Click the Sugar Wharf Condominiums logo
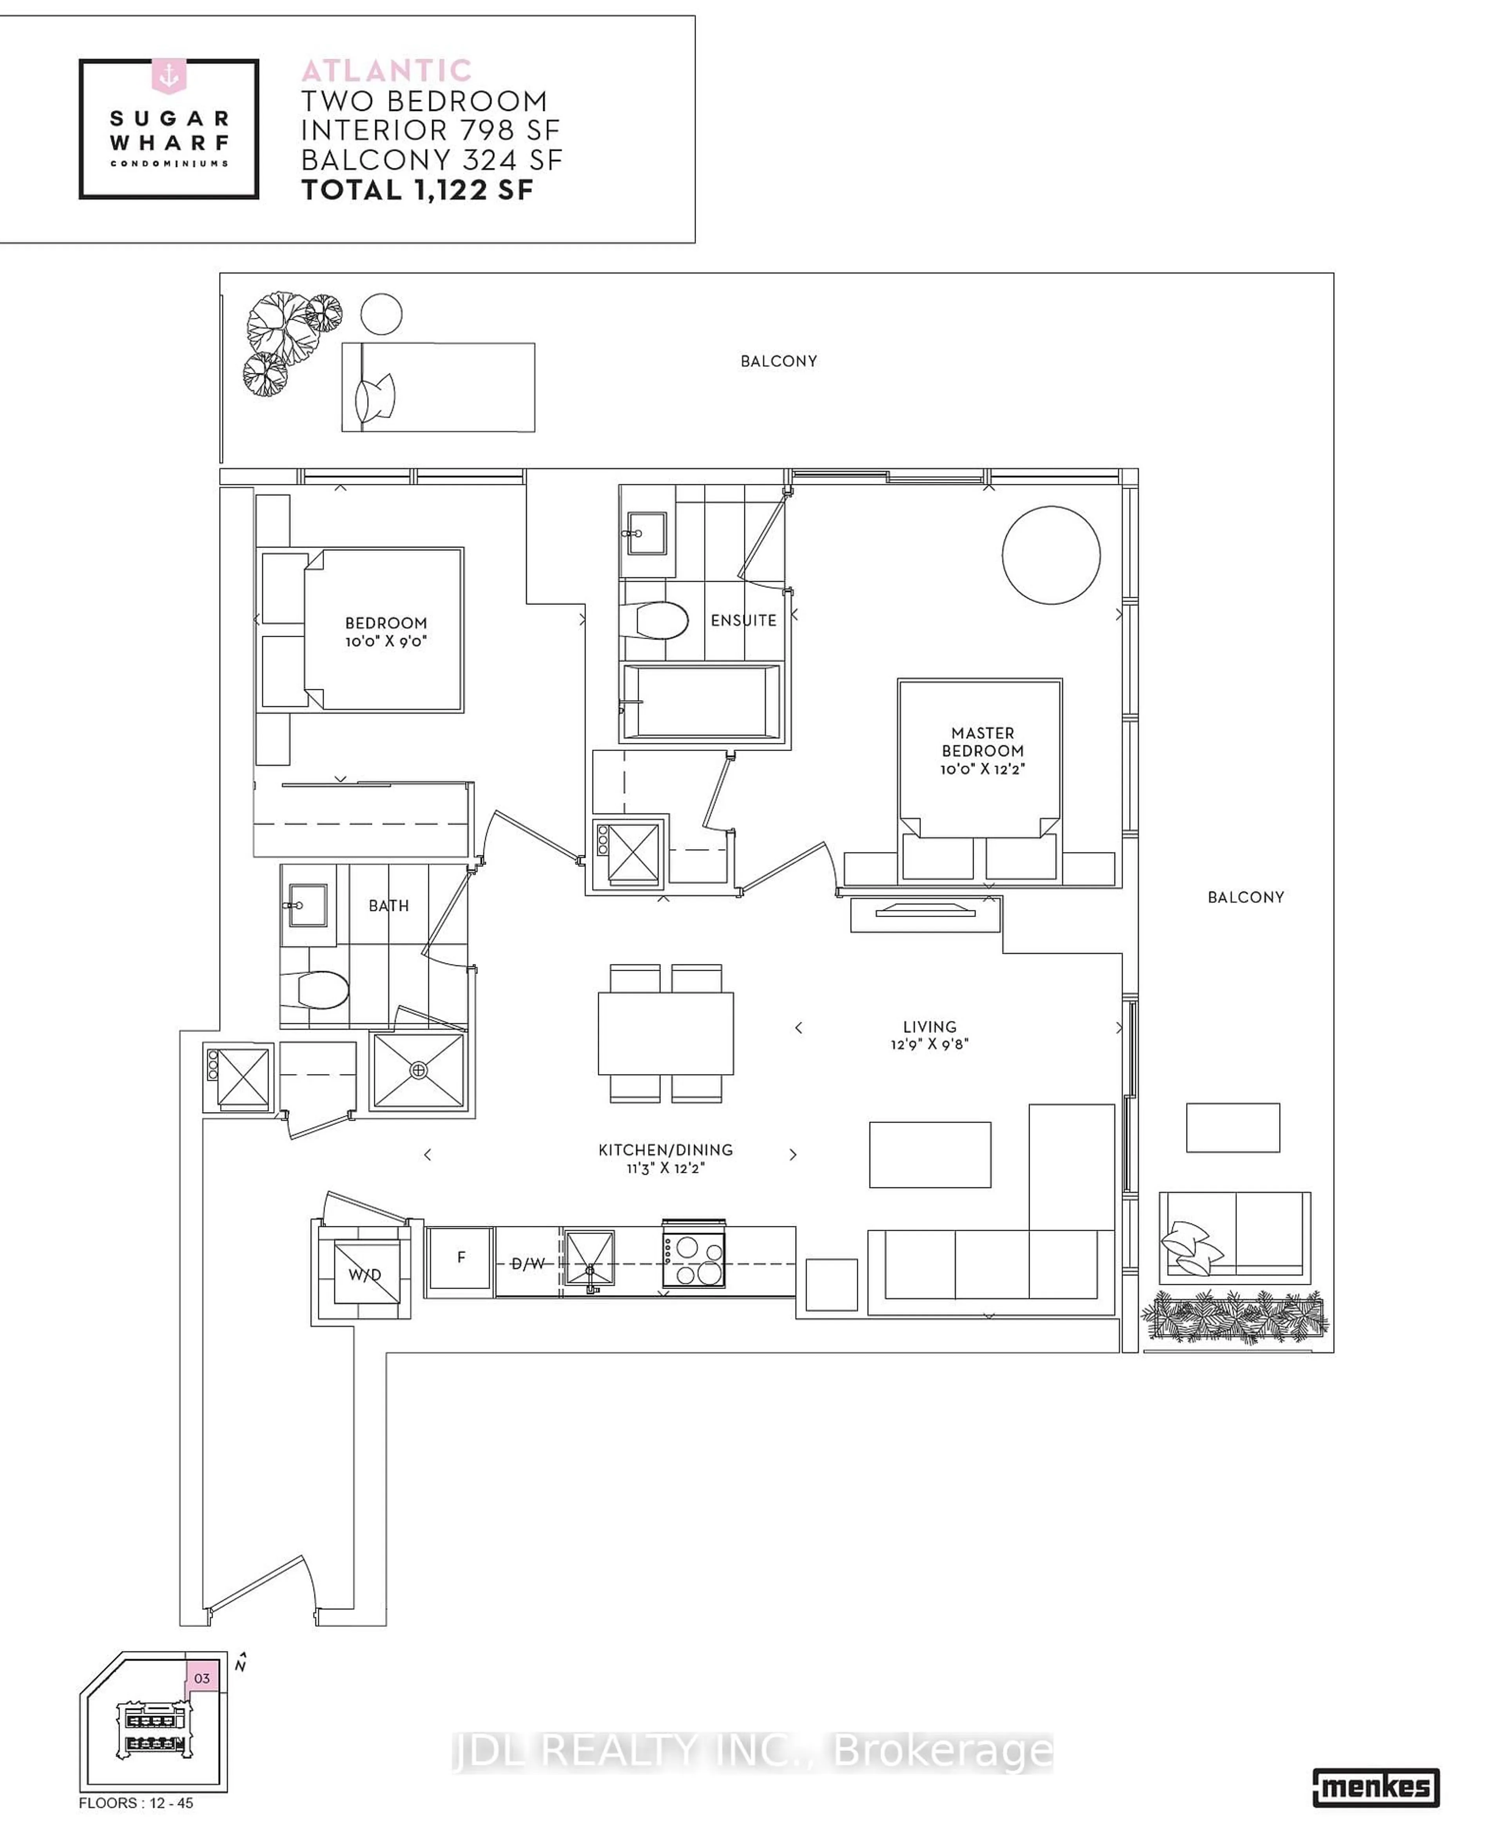point(169,129)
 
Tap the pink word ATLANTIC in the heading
point(387,70)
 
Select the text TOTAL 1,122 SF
point(417,190)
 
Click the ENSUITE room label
point(743,620)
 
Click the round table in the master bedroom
point(1051,555)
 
